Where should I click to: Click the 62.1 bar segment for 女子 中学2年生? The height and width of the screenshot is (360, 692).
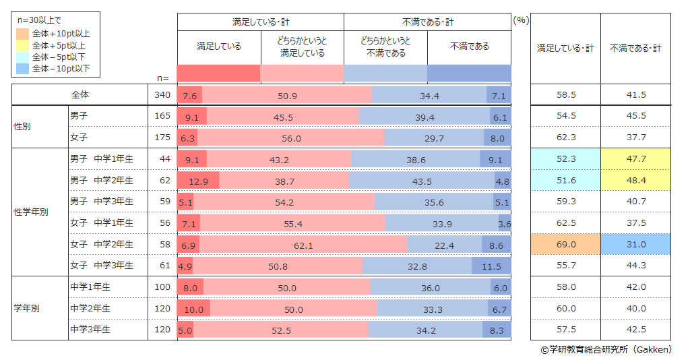[303, 244]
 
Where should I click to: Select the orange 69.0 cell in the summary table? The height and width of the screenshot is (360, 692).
[566, 244]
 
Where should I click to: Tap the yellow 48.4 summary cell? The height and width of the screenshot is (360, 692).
[636, 181]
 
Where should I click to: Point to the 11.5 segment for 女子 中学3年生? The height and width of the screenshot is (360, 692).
[491, 266]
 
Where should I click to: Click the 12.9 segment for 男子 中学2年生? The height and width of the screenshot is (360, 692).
[198, 181]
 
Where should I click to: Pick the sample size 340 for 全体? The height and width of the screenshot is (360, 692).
[162, 95]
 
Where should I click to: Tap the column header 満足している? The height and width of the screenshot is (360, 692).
[219, 47]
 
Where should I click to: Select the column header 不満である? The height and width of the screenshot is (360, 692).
[469, 47]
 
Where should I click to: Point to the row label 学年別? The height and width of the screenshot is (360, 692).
[27, 308]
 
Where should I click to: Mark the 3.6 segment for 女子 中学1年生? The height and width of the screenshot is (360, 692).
[504, 223]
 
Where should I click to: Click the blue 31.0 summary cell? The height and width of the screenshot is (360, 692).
[636, 244]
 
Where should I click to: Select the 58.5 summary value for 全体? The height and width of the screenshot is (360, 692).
[566, 95]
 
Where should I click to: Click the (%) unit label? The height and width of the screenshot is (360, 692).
[521, 21]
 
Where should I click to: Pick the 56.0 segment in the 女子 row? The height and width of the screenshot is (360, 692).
[291, 138]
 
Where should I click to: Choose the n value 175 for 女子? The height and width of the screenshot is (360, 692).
[162, 138]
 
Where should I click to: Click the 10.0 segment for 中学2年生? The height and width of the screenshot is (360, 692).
[193, 309]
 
